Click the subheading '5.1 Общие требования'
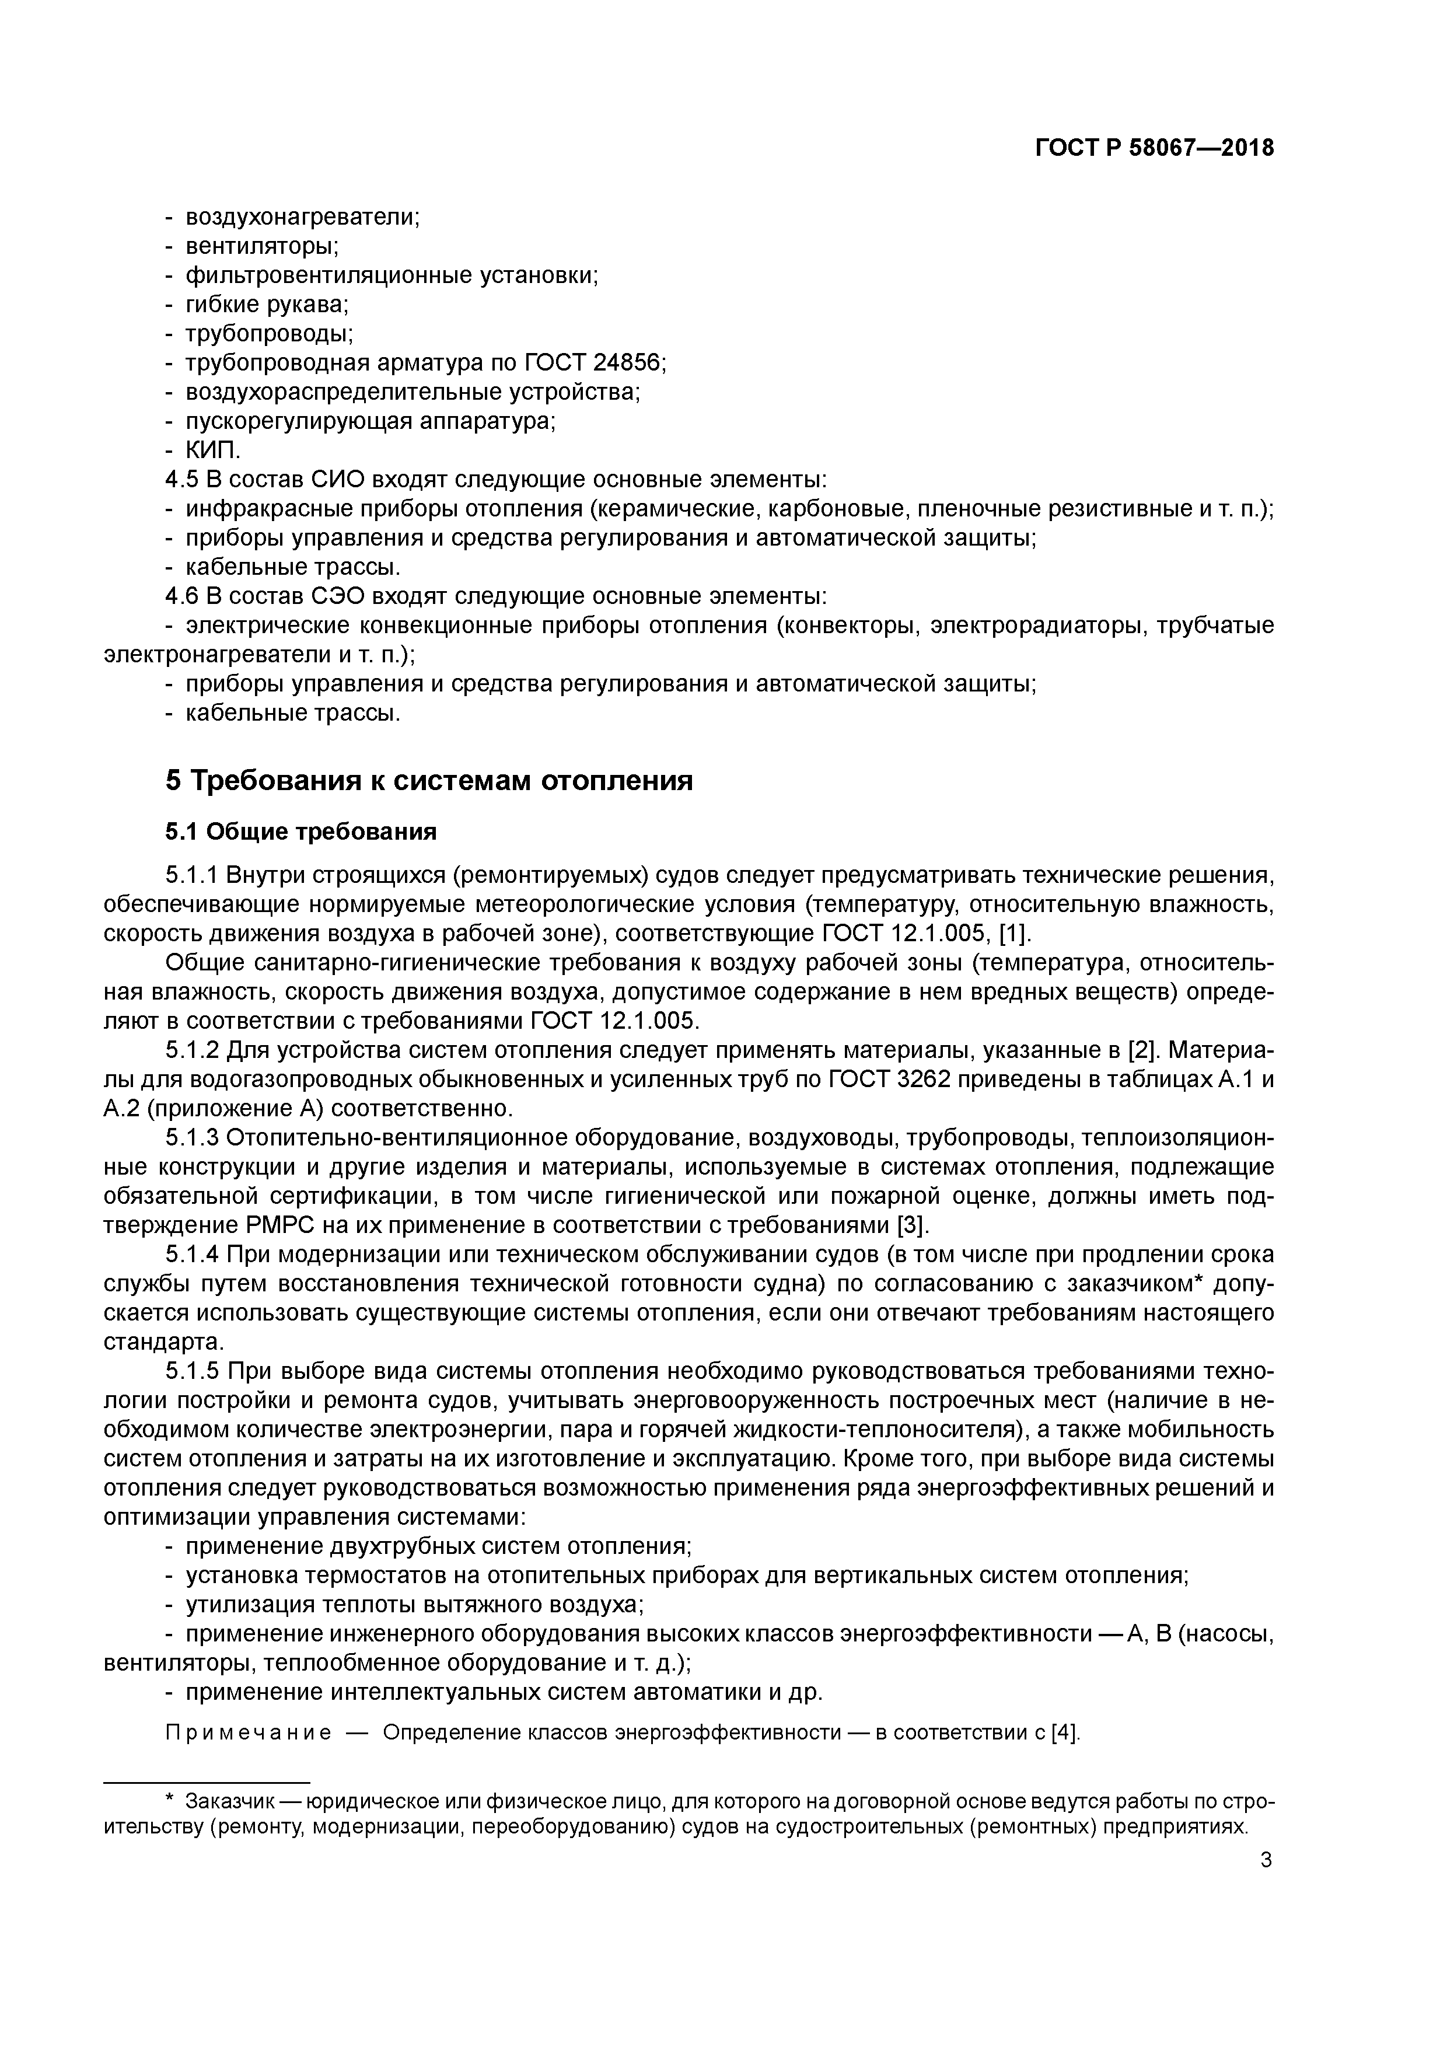[x=301, y=832]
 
